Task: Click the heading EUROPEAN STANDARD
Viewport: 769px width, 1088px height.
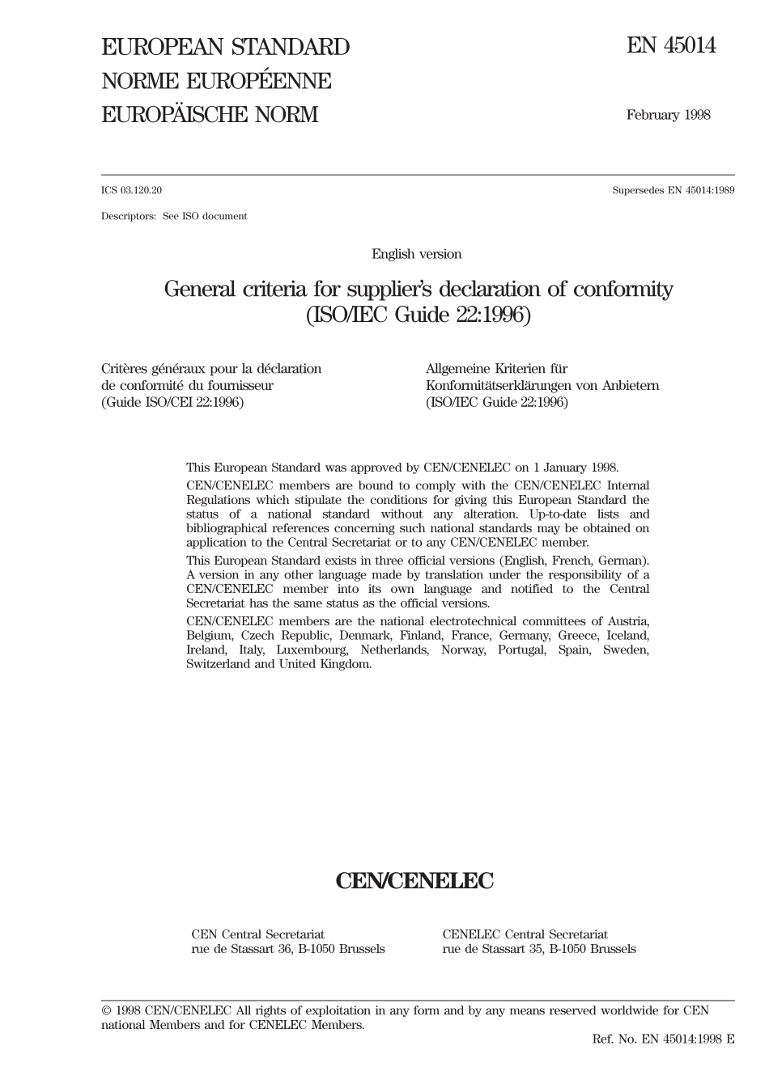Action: (225, 48)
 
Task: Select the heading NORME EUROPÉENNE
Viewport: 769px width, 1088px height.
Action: (216, 82)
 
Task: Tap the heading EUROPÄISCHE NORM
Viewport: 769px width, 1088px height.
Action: (210, 115)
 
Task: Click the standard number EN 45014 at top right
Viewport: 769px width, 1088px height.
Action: (671, 46)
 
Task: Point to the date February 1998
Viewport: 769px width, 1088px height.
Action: (668, 115)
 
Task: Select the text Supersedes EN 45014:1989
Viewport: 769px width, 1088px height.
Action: (673, 191)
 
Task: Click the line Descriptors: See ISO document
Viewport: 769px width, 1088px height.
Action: (174, 217)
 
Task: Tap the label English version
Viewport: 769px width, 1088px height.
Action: (416, 254)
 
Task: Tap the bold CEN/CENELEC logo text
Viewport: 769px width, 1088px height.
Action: (414, 881)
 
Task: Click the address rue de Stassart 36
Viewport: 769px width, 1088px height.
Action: (242, 949)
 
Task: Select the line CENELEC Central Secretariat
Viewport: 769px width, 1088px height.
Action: (525, 935)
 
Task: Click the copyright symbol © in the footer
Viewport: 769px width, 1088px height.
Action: (106, 1011)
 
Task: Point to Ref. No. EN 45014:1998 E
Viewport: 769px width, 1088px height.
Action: (663, 1039)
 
